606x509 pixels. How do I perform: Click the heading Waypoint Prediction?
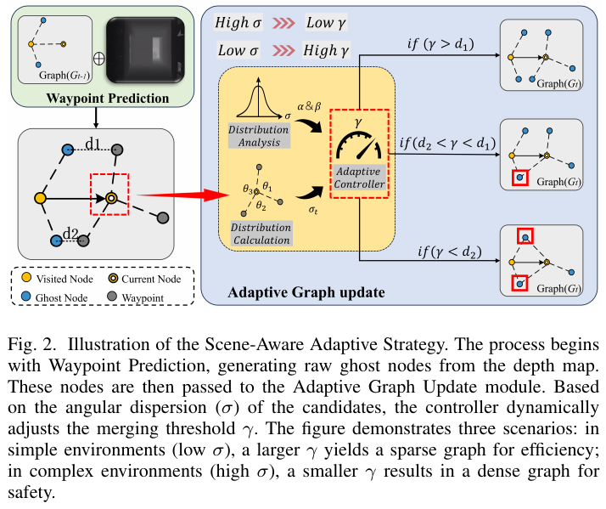[x=108, y=99]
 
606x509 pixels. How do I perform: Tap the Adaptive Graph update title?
[x=306, y=292]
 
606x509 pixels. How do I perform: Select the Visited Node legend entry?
[x=58, y=279]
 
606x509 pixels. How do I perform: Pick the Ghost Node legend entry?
[x=54, y=297]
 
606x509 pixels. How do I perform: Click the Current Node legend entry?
[x=145, y=279]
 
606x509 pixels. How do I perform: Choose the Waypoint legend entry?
[x=135, y=297]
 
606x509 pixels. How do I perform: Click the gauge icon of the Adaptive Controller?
[x=359, y=146]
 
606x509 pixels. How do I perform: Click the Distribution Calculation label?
[x=261, y=234]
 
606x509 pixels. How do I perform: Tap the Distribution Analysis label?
[x=259, y=136]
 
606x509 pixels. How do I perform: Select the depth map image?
[x=145, y=50]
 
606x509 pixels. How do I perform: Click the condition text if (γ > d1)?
[x=440, y=44]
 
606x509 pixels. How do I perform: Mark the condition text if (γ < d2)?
[x=450, y=252]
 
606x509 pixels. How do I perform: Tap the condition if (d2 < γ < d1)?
[x=447, y=144]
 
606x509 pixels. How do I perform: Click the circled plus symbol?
[x=99, y=59]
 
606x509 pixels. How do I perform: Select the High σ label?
[x=238, y=22]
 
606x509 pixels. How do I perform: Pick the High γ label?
[x=326, y=50]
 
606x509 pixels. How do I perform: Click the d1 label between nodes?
[x=93, y=144]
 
